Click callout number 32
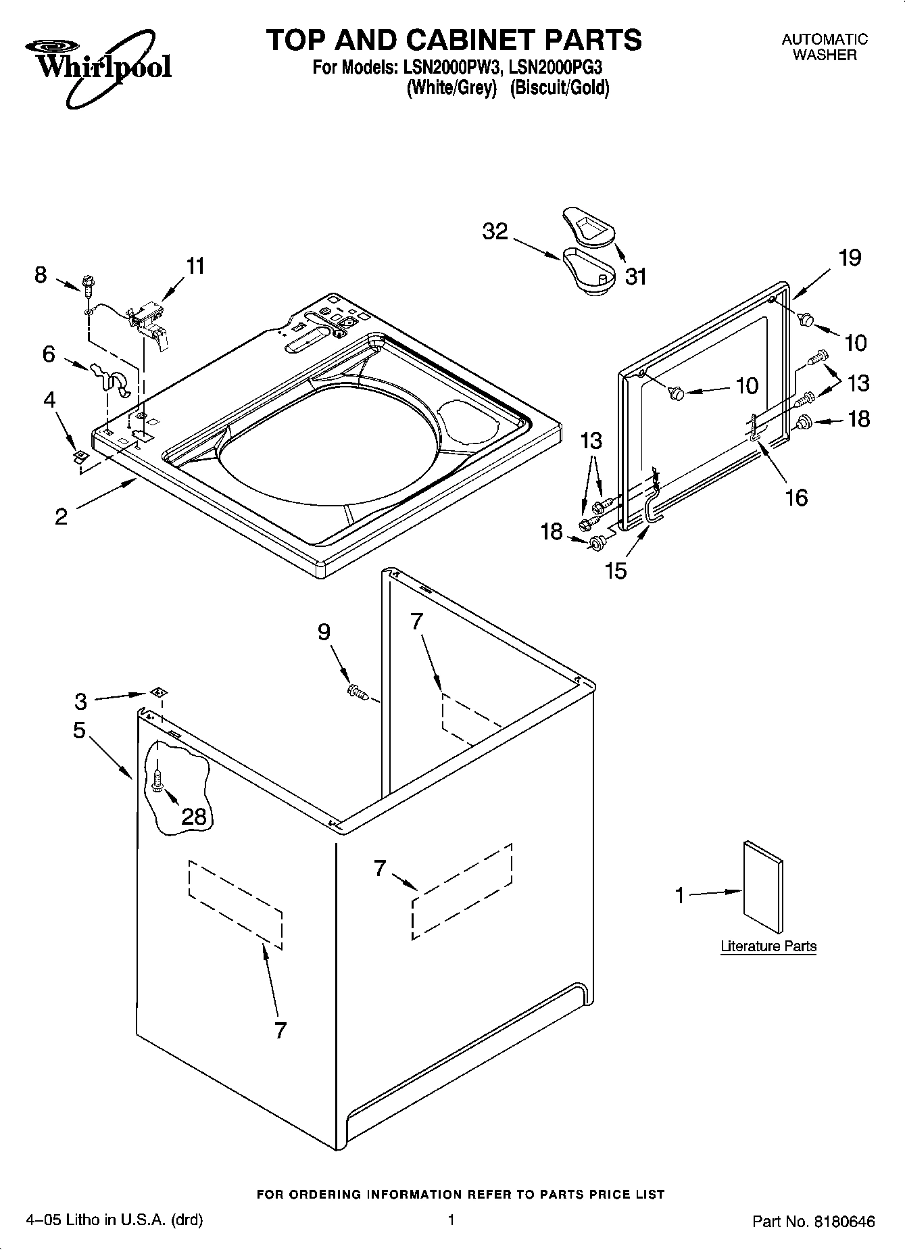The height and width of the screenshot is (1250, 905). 495,232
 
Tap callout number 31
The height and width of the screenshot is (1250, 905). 635,277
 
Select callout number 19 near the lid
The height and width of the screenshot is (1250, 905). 850,258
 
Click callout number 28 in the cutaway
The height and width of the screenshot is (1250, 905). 194,816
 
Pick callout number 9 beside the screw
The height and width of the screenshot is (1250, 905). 324,632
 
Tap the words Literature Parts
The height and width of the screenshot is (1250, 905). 768,946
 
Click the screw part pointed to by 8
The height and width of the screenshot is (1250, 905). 88,285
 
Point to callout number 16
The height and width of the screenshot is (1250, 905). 797,498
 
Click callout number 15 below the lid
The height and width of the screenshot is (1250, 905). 616,571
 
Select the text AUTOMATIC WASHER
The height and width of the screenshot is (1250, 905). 825,47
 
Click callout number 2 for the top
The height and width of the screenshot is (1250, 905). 61,517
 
